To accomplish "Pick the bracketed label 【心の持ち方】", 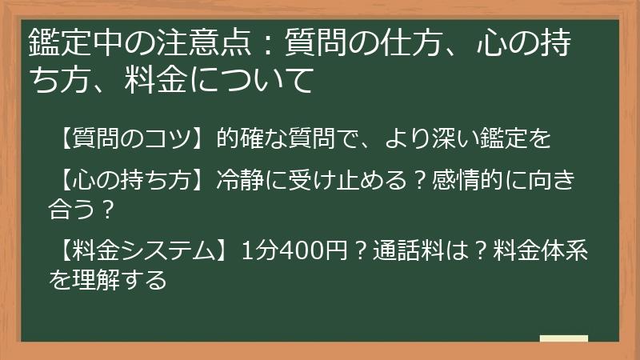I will click(126, 180).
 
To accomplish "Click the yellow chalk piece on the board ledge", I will click(563, 338).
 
